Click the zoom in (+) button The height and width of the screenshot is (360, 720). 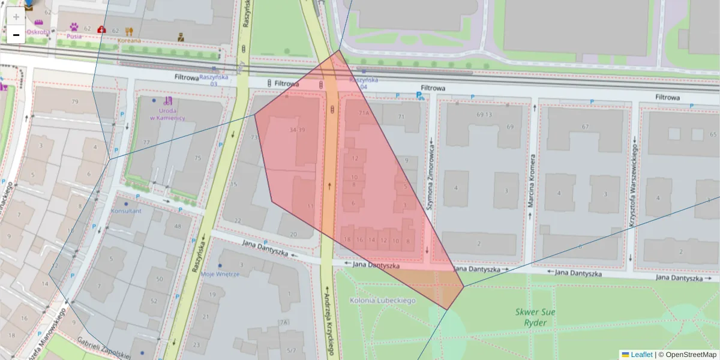coord(16,16)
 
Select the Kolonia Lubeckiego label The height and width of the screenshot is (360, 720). coord(383,300)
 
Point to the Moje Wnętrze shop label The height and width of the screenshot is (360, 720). coord(220,274)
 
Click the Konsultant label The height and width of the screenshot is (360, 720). coord(126,211)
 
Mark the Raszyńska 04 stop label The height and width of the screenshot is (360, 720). coord(364,83)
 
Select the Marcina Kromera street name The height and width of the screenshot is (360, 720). coord(531,181)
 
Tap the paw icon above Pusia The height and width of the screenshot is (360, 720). coord(74,27)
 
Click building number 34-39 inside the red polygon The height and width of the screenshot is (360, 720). coord(297,130)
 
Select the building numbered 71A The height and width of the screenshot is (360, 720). coord(364,112)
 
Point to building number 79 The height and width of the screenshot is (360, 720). coord(75,101)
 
